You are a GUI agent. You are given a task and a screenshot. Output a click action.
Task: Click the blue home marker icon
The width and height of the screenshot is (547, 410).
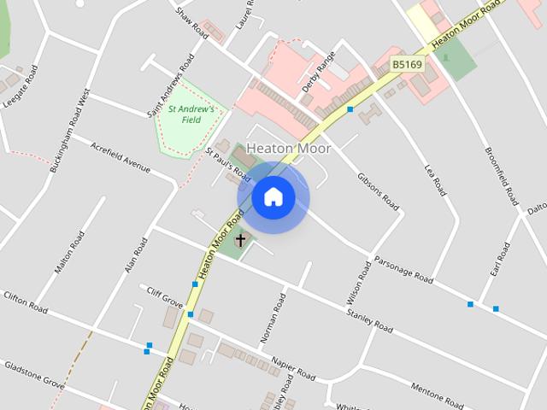point(273,197)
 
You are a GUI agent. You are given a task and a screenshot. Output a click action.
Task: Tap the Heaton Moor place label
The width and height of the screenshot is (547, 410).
point(288,149)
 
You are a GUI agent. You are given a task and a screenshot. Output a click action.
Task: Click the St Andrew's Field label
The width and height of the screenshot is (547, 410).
point(191,114)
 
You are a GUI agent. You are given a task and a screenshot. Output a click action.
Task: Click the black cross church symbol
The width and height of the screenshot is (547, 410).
point(241,240)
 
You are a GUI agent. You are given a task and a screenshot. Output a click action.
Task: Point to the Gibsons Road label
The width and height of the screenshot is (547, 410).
point(378,190)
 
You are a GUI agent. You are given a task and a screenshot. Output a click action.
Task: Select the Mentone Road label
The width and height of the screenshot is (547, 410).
point(437,394)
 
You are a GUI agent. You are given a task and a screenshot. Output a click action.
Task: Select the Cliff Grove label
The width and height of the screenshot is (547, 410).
point(165,297)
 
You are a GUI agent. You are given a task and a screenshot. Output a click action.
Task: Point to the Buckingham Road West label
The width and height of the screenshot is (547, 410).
point(70,132)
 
